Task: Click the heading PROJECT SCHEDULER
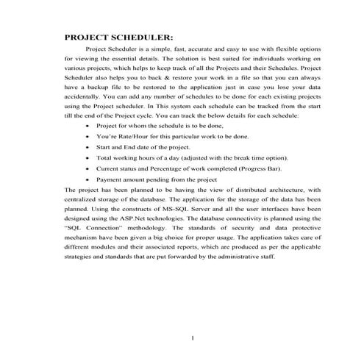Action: [118, 37]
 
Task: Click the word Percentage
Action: [168, 168]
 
